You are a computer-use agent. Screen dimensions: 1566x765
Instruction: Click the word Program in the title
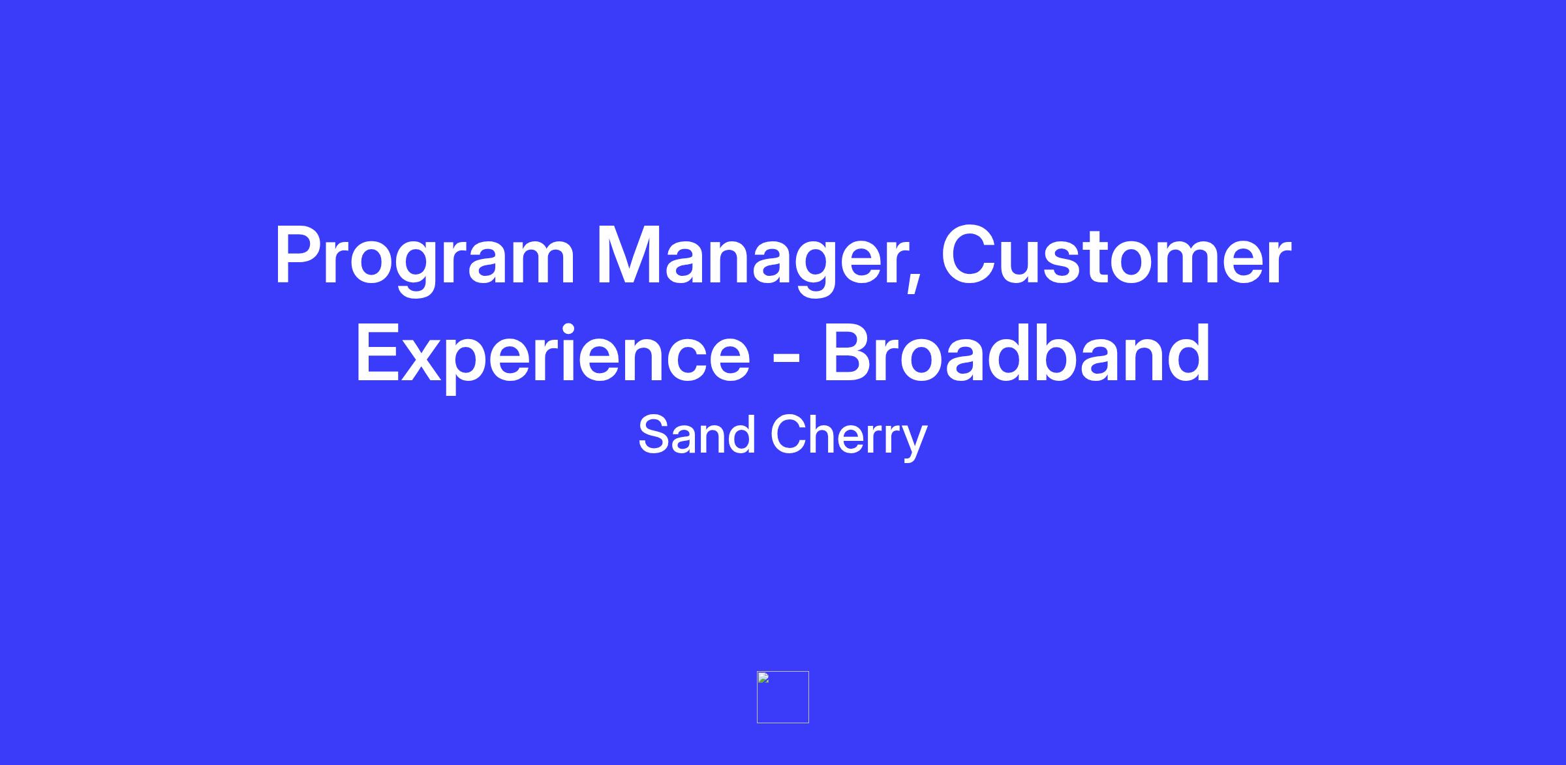click(x=425, y=260)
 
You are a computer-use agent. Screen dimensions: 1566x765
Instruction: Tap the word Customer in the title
click(x=1116, y=256)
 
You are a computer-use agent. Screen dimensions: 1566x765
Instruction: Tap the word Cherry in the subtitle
click(x=849, y=437)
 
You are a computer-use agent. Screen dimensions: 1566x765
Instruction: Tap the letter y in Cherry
click(x=914, y=443)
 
